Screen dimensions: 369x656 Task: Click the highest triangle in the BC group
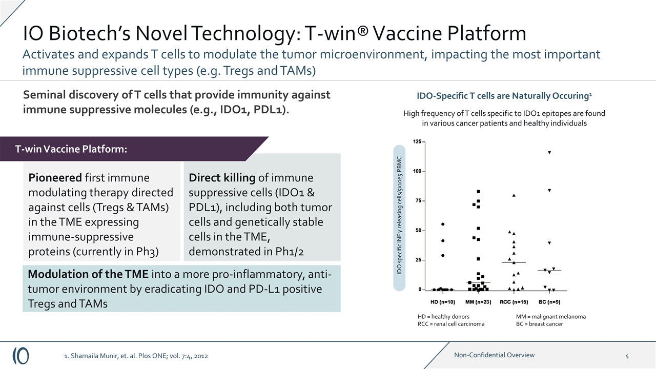[549, 152]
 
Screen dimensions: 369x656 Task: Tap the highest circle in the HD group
[443, 224]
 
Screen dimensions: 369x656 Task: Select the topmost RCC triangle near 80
[514, 195]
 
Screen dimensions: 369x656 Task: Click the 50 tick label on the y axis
[419, 231]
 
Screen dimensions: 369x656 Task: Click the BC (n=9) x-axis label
[549, 301]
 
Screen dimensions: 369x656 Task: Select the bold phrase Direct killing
[222, 178]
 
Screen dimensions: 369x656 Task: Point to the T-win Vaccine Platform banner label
[71, 149]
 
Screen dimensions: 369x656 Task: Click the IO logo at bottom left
[21, 355]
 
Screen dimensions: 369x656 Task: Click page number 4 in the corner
[627, 356]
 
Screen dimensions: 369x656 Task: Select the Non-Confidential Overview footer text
[494, 355]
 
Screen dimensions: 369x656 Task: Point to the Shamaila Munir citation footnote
[136, 356]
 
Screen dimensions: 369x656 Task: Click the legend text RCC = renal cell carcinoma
[451, 324]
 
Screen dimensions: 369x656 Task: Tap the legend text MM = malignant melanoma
[550, 317]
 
